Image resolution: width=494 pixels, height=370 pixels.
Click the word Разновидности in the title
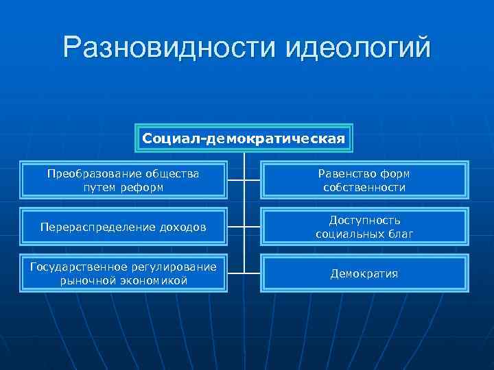click(x=167, y=48)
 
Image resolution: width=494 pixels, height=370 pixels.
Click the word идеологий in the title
click(x=357, y=48)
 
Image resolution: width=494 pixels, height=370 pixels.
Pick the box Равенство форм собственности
click(x=364, y=180)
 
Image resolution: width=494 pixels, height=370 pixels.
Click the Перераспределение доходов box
click(x=123, y=227)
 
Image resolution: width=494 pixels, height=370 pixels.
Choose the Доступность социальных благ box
click(x=364, y=227)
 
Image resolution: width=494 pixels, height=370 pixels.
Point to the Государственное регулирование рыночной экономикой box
click(x=123, y=273)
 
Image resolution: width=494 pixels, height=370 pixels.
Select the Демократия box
click(x=364, y=273)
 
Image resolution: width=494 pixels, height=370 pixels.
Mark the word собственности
click(x=364, y=187)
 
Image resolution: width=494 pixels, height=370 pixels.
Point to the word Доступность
click(x=364, y=221)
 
